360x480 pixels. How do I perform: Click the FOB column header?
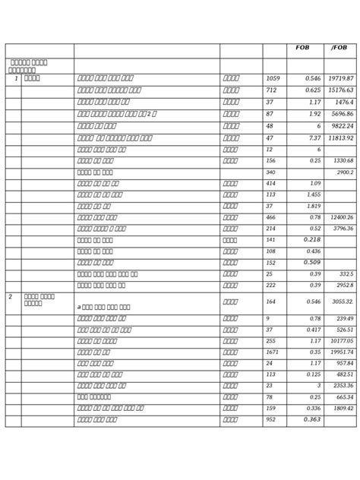pos(302,49)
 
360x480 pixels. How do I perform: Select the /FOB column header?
pos(339,49)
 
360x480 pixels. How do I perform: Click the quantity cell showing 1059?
pos(273,78)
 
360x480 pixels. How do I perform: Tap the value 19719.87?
pos(341,78)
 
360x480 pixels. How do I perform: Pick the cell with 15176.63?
pos(341,90)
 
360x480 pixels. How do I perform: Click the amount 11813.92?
pos(341,138)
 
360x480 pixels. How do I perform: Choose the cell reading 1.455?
pos(312,195)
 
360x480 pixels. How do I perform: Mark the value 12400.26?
pos(341,218)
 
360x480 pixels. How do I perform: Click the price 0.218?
pos(312,240)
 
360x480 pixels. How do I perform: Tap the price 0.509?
pos(312,263)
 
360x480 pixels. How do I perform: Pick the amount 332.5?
pos(346,274)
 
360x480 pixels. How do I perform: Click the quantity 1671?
pos(273,352)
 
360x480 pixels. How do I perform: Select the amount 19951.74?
pos(341,352)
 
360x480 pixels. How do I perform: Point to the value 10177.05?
pos(341,341)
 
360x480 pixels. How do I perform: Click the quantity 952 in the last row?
pos(270,420)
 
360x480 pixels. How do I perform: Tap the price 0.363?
pos(312,420)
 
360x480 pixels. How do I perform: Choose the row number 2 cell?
pos(11,296)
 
